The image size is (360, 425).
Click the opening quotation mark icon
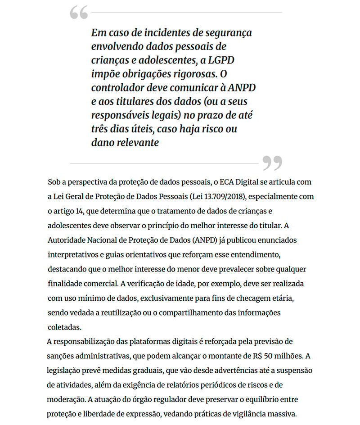(79, 13)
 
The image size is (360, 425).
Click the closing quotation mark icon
(272, 163)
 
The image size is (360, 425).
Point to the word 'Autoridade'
(67, 240)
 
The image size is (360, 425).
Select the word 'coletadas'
(64, 327)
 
